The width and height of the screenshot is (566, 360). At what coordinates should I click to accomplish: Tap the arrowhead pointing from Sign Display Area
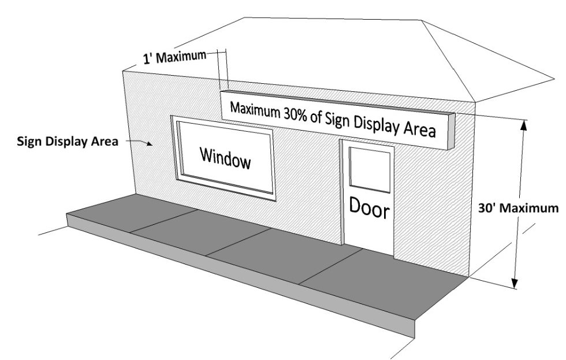(152, 146)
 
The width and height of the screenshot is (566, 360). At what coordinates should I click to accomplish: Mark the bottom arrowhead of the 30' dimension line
(514, 283)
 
